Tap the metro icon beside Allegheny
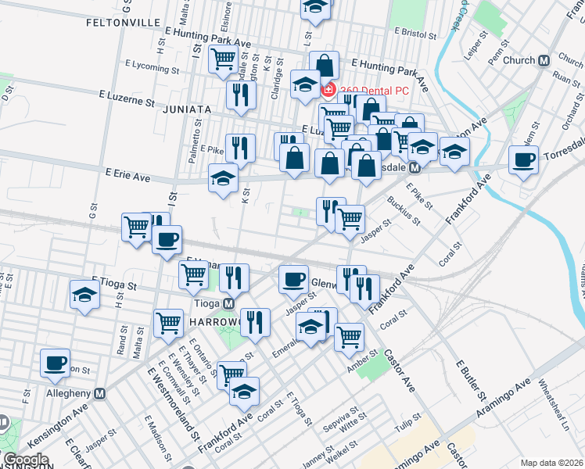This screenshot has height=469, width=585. tap(99, 394)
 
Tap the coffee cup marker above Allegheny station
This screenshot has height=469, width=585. tap(56, 363)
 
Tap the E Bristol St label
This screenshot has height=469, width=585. tap(419, 34)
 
